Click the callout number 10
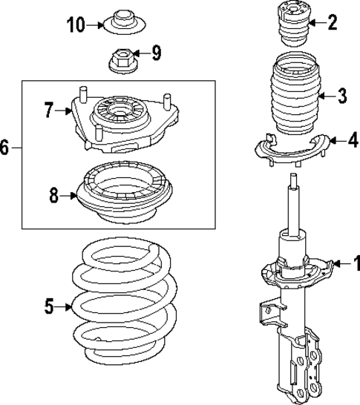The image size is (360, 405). [76, 25]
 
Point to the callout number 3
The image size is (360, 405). [341, 95]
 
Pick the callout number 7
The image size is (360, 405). [49, 111]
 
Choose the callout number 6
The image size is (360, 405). [5, 148]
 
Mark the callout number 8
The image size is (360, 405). [53, 197]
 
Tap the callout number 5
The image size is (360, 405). [49, 305]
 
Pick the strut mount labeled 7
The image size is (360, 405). [119, 119]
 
